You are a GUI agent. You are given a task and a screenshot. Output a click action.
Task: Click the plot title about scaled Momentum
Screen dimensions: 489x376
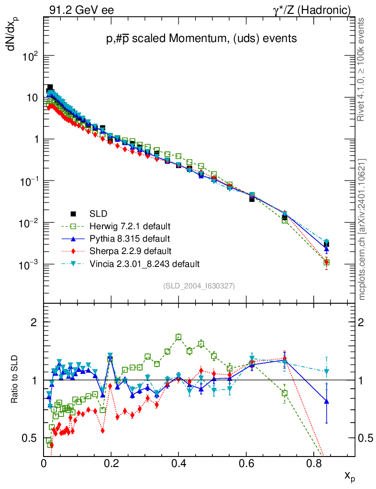[x=201, y=39]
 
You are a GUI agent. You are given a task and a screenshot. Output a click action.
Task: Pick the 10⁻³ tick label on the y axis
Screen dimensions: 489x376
[x=30, y=265]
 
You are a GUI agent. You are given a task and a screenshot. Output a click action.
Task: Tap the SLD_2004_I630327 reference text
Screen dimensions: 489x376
[x=199, y=286]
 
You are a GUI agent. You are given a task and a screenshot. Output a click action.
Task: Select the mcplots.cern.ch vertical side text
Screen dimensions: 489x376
[x=362, y=229]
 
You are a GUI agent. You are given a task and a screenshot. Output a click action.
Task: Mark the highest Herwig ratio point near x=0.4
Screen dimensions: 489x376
[x=178, y=337]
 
